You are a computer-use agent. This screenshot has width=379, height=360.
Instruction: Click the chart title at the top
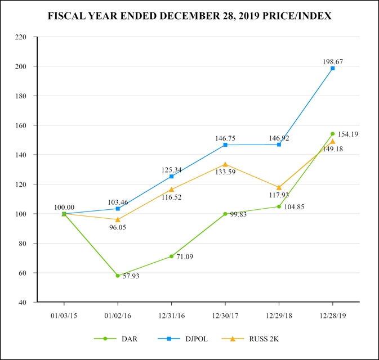click(x=190, y=16)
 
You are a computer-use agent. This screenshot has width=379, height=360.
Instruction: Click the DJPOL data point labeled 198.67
click(x=333, y=68)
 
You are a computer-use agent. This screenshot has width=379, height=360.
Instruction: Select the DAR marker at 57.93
click(x=118, y=276)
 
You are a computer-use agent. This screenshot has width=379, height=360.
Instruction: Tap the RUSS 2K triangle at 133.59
click(x=225, y=164)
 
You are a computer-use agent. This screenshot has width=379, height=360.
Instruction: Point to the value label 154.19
click(x=349, y=134)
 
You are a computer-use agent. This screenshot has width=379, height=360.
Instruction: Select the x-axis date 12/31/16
click(x=171, y=316)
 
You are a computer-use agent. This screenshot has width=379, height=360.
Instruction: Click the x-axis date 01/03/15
click(x=64, y=316)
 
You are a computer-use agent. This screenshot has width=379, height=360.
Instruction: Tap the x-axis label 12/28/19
click(x=333, y=316)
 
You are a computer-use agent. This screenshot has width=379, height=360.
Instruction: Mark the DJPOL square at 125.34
click(x=171, y=176)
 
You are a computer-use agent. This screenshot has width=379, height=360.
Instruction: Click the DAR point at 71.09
click(x=171, y=256)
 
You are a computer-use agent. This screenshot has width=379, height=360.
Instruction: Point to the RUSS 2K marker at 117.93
click(x=279, y=187)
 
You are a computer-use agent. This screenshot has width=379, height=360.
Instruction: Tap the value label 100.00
click(x=64, y=207)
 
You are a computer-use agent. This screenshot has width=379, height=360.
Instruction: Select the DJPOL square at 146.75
click(x=225, y=145)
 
